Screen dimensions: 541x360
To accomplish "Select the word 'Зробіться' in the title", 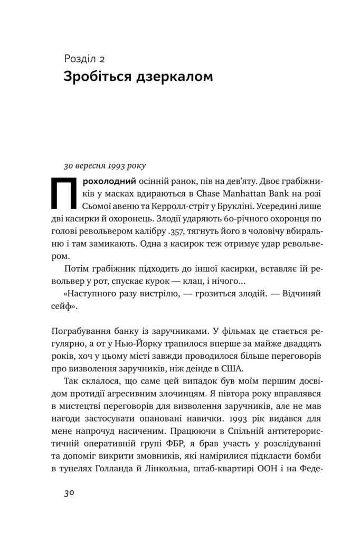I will click(x=94, y=77).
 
